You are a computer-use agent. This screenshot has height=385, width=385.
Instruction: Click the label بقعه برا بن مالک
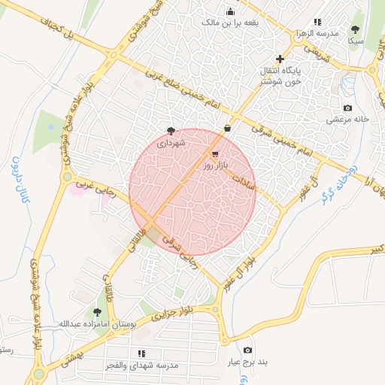[x=230, y=23]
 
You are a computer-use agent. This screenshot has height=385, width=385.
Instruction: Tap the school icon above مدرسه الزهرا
[x=317, y=22]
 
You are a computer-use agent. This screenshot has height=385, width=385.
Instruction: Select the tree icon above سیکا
[x=355, y=30]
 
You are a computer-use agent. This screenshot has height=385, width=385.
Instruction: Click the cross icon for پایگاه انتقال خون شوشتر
[x=280, y=59]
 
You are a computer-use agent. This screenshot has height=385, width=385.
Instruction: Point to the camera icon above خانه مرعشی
[x=347, y=108]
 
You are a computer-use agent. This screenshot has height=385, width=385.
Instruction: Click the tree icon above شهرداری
[x=171, y=129]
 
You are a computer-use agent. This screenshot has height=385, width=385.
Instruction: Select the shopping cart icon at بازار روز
[x=206, y=153]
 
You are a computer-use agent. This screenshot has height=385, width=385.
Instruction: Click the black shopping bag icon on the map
[x=226, y=129]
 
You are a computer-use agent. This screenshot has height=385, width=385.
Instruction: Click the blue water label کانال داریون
[x=17, y=180]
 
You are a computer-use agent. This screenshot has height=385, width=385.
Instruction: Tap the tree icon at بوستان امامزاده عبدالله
[x=96, y=311]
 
